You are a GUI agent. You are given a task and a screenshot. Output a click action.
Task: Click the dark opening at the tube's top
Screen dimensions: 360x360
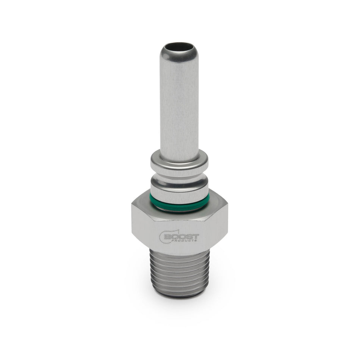click(x=179, y=48)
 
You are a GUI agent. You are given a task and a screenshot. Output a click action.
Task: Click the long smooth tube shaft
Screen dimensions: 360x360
click(x=179, y=106)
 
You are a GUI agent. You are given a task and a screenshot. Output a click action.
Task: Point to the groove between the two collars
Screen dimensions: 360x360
click(x=179, y=175)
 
